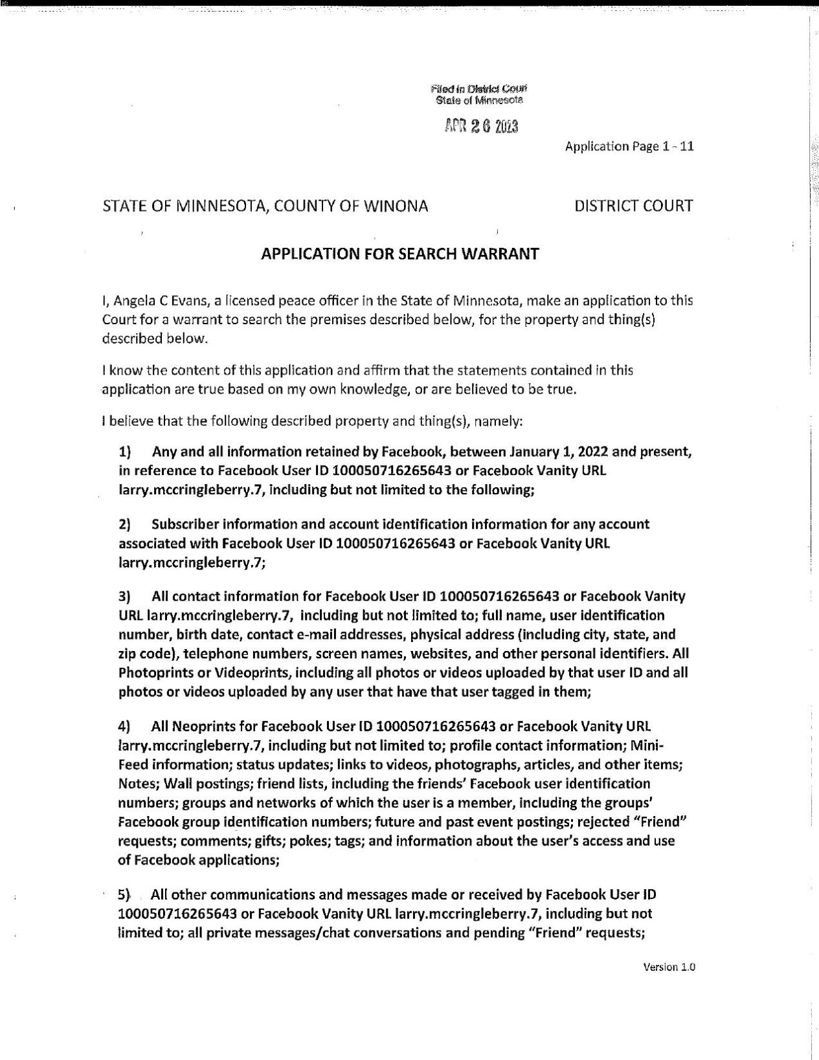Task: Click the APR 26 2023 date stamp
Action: pos(481,127)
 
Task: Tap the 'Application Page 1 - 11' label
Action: pos(629,146)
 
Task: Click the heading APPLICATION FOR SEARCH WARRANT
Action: pos(399,254)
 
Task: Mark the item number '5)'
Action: pos(124,895)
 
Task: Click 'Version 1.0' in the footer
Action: pos(669,967)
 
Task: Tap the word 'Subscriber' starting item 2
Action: pos(185,524)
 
